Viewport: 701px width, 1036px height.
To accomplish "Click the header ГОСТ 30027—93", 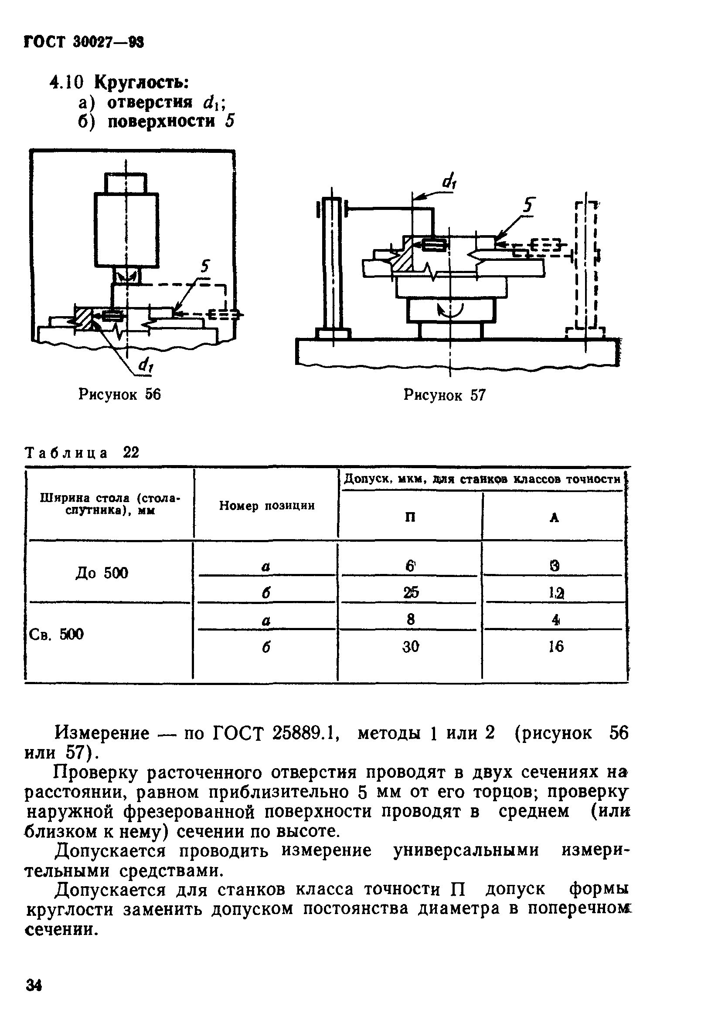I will point(83,43).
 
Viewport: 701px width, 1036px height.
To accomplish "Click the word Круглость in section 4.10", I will point(141,82).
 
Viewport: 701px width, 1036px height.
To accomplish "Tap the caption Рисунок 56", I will point(119,394).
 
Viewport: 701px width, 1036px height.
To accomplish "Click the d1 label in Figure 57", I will point(449,181).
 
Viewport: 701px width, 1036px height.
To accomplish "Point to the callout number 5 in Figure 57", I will point(528,206).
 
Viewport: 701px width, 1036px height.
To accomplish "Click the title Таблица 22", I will point(82,452).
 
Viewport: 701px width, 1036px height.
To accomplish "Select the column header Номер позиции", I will point(266,506).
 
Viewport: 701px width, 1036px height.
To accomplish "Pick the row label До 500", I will point(102,573).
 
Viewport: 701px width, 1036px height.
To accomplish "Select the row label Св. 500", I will point(56,634).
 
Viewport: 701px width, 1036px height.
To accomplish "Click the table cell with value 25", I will point(411,592).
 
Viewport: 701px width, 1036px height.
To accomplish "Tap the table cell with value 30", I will point(411,646).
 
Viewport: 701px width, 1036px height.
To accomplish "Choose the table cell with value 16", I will point(555,646).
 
